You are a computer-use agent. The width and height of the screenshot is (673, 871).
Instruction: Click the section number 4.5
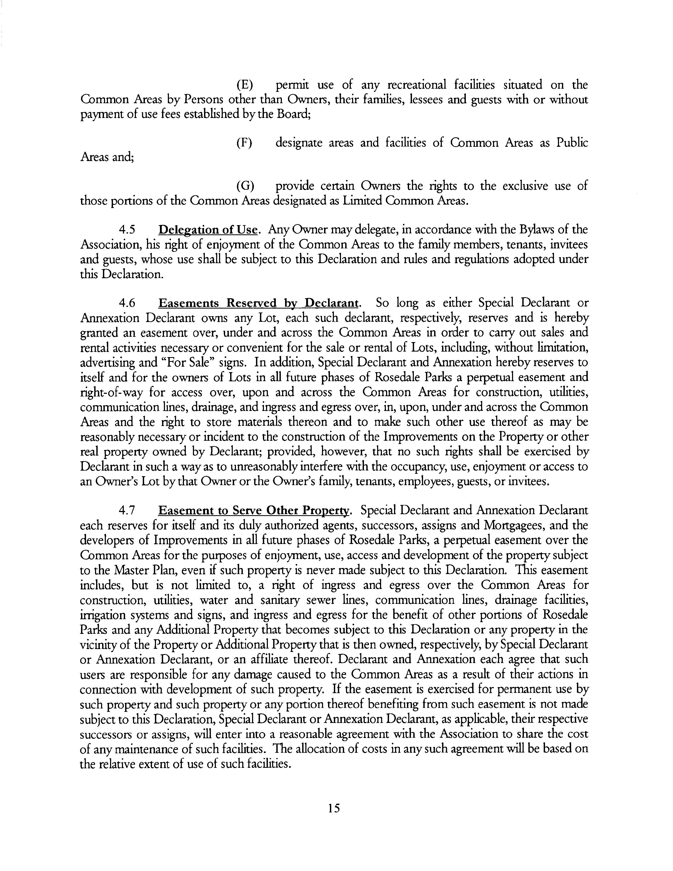[x=127, y=230]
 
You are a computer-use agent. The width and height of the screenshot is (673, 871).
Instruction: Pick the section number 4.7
[x=127, y=510]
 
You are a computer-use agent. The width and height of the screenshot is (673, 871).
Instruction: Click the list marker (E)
[x=244, y=85]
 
